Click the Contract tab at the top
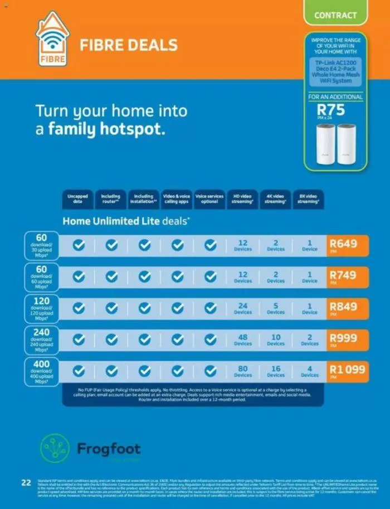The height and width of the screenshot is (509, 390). (335, 15)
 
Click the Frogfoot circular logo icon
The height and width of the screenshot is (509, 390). (55, 448)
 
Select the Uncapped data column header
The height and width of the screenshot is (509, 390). (77, 199)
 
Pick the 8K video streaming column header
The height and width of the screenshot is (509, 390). (308, 199)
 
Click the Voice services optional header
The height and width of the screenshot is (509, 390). (209, 199)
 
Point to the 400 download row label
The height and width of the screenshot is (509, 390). (41, 371)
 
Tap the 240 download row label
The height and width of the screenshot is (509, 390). (41, 340)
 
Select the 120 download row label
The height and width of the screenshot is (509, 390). (41, 308)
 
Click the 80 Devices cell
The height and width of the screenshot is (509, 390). (243, 371)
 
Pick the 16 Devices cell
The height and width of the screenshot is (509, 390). (276, 371)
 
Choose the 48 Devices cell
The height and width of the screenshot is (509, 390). (243, 340)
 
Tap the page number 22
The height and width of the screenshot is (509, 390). (26, 482)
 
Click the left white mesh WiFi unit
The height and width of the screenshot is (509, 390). (325, 143)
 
